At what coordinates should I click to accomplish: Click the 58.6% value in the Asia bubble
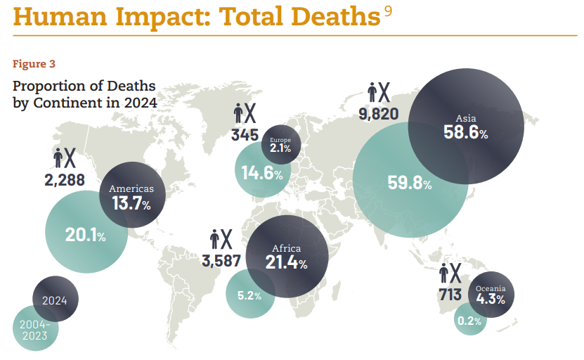(465, 131)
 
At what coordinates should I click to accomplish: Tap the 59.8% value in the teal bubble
(410, 184)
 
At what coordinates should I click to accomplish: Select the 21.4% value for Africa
(286, 264)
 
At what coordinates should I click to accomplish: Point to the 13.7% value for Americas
(131, 205)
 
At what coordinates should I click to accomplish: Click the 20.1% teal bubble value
(85, 236)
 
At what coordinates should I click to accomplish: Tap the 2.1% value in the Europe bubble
(280, 148)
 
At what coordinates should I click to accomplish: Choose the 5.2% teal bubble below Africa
(249, 296)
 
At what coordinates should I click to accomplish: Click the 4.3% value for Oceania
(491, 299)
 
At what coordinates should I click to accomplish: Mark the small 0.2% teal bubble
(469, 321)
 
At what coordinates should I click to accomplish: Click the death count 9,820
(378, 113)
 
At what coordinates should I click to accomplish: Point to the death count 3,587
(221, 261)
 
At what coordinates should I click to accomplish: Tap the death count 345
(245, 134)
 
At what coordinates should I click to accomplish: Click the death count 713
(450, 294)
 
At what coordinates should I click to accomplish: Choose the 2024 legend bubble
(55, 300)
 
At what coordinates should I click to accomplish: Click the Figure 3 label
(34, 64)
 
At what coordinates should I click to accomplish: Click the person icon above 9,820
(372, 91)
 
